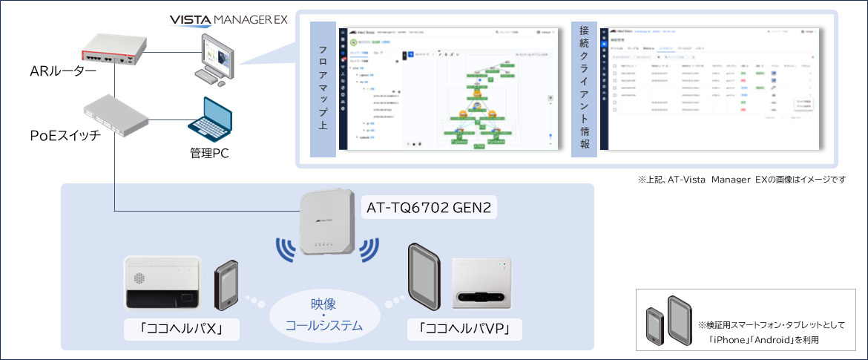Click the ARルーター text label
63,71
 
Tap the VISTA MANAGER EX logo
228,19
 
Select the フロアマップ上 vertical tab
323,89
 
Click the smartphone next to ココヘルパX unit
228,285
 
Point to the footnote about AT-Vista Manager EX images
741,180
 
